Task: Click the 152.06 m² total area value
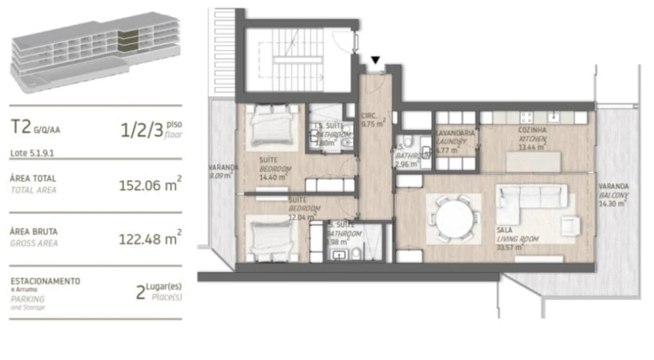(x=149, y=186)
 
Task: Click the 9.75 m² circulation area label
(x=373, y=120)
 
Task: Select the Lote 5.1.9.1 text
(x=33, y=152)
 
